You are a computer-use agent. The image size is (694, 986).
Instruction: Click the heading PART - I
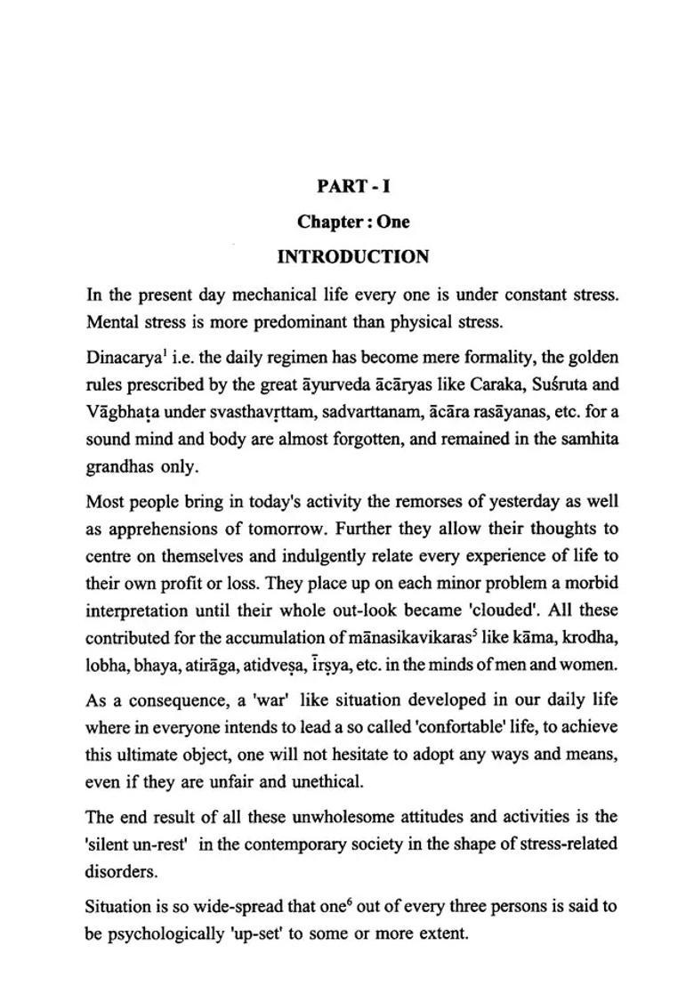pyautogui.click(x=353, y=186)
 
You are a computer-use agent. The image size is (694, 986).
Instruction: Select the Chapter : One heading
pyautogui.click(x=353, y=222)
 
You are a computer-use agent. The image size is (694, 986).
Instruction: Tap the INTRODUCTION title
pyautogui.click(x=353, y=257)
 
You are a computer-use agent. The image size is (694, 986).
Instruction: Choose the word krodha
pyautogui.click(x=593, y=638)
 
